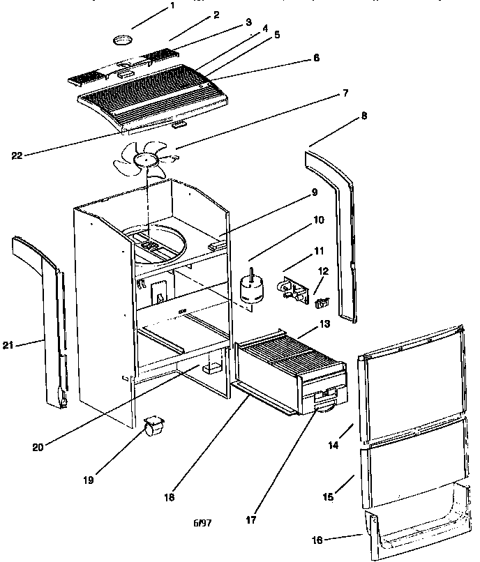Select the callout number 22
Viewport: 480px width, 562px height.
pyautogui.click(x=17, y=155)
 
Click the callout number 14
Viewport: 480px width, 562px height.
pyautogui.click(x=333, y=444)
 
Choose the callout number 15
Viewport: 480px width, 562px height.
pyautogui.click(x=328, y=496)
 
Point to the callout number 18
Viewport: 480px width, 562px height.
pyautogui.click(x=168, y=498)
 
